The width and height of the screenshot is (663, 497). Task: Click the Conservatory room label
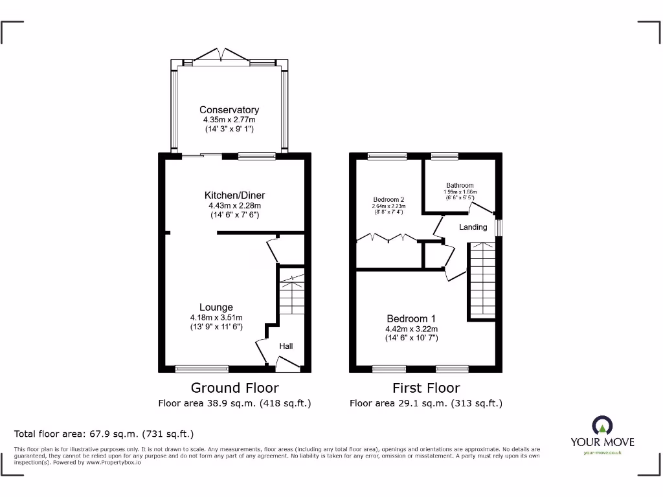[229, 110]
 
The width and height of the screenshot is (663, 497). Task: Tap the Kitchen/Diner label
[234, 195]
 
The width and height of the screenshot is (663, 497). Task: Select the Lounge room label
[216, 307]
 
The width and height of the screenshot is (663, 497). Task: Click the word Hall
[286, 346]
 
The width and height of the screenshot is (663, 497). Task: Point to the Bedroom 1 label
[411, 318]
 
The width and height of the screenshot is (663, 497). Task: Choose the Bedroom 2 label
[388, 199]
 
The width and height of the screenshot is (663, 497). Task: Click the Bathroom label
[460, 186]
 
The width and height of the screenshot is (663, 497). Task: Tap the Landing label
[473, 227]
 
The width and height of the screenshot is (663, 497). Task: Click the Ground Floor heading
[234, 388]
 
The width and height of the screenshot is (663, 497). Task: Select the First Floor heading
[426, 388]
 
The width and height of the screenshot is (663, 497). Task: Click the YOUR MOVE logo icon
[602, 425]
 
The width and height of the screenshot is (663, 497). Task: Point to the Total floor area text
[104, 434]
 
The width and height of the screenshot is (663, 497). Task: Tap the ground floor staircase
[291, 294]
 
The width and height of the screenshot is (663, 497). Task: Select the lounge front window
[202, 369]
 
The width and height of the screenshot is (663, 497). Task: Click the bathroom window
[445, 156]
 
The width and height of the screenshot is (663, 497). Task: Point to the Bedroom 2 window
[387, 156]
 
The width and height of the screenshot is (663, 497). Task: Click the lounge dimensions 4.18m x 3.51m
[216, 318]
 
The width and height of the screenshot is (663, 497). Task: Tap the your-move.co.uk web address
[602, 452]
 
